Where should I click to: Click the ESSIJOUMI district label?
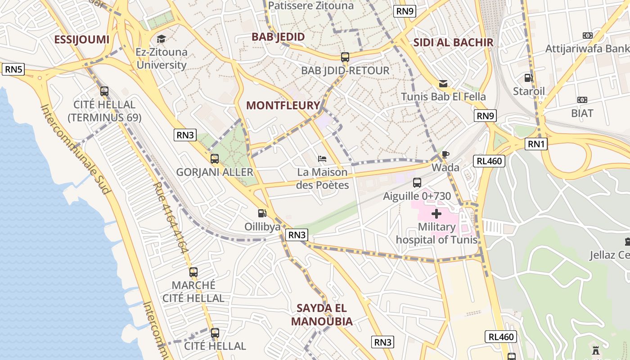coord(81,39)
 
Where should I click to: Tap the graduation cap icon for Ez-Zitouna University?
coord(161,39)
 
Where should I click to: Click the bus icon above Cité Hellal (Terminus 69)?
coord(104,91)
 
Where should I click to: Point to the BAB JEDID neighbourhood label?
coord(278,36)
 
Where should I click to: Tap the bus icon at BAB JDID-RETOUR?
coord(345,57)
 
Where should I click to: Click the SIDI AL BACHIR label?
coord(453,42)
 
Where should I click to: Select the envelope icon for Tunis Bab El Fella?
coord(443,83)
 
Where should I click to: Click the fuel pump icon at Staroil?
coord(529,78)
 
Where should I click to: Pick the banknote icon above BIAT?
coord(582,99)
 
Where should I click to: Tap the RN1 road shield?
coord(536,144)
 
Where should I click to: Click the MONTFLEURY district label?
coord(283,105)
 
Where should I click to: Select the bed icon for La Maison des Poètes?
coord(322,158)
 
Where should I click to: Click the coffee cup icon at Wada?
coord(445,154)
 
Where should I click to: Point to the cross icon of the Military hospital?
coord(436,214)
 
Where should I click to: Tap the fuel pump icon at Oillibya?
coord(262,213)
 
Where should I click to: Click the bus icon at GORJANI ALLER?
coord(215,158)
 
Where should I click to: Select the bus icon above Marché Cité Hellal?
coord(193,272)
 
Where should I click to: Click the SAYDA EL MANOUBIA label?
coord(322,315)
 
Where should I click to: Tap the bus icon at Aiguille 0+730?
coord(417,183)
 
